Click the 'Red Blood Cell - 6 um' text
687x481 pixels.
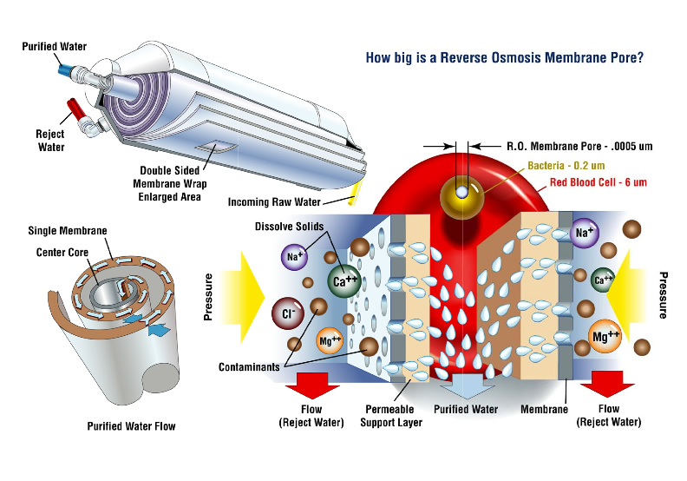[x=604, y=182]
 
